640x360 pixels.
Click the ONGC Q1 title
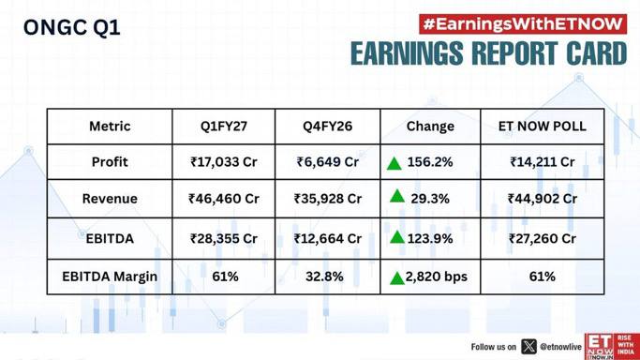(x=72, y=28)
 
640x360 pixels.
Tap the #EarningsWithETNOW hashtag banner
(x=523, y=24)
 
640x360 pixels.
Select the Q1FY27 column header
(x=224, y=127)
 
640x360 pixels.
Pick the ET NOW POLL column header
(x=542, y=127)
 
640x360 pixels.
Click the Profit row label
(x=110, y=162)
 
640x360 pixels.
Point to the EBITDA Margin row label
(x=110, y=277)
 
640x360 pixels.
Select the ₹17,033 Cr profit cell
(x=224, y=162)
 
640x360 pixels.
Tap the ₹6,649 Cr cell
(x=328, y=162)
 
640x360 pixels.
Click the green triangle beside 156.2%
(x=394, y=164)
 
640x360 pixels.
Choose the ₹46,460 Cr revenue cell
(x=224, y=199)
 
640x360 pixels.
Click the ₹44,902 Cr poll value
(x=542, y=199)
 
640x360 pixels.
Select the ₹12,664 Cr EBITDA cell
(x=328, y=238)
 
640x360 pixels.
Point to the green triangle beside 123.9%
(x=396, y=237)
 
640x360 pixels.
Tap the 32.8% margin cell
(x=324, y=277)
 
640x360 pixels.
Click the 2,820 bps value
(x=437, y=277)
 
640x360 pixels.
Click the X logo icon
(x=529, y=347)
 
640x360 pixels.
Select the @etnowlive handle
(x=560, y=347)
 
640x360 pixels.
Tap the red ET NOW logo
(x=612, y=347)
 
